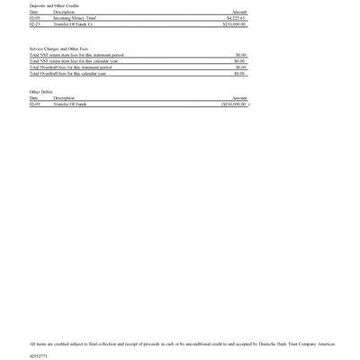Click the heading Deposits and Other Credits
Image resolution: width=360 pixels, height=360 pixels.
pos(54,5)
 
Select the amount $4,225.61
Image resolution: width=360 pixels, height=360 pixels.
pos(237,18)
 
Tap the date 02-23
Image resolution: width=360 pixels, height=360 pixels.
pos(34,24)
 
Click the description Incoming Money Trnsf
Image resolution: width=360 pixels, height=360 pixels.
pos(75,18)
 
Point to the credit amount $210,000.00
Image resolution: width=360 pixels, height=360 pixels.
pos(234,24)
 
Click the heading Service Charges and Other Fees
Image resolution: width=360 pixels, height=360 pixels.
pos(58,49)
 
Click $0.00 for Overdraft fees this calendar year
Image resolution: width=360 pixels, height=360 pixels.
pos(240,74)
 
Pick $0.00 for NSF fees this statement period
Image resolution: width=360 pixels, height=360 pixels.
pos(240,55)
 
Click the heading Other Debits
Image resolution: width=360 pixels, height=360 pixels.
pos(41,92)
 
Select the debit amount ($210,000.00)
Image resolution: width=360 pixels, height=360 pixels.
pos(233,104)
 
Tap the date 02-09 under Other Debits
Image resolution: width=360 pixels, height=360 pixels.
pos(34,104)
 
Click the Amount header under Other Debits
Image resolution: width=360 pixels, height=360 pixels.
pos(239,98)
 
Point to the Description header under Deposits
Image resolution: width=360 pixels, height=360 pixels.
pos(64,12)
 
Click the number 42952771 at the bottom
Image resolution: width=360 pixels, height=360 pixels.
pos(38,355)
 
